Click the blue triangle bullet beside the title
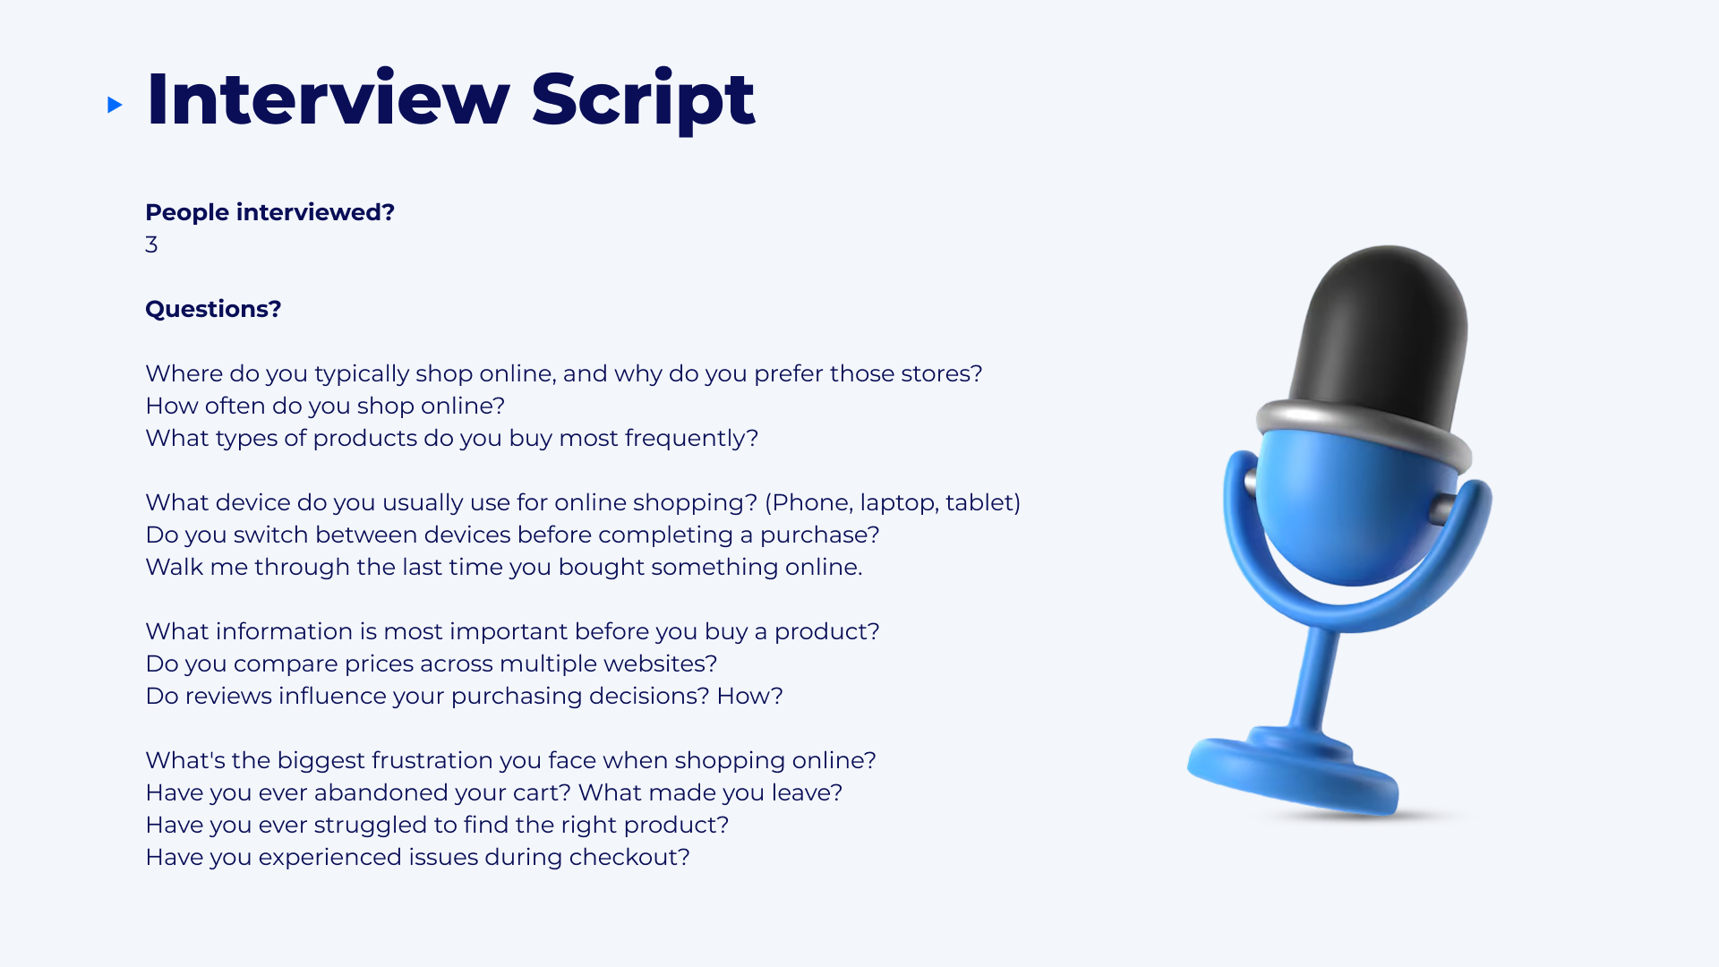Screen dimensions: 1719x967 (115, 105)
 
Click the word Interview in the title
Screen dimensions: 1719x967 (328, 98)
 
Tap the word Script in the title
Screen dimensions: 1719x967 (643, 100)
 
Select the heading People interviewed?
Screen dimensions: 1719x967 (269, 212)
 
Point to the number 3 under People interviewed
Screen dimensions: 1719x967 (151, 244)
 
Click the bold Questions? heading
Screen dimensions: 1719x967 (213, 309)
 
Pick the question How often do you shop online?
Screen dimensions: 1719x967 (325, 406)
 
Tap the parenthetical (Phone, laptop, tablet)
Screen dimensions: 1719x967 (893, 502)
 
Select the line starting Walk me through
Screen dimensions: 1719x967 (503, 567)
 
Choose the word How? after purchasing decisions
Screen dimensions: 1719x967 (749, 696)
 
